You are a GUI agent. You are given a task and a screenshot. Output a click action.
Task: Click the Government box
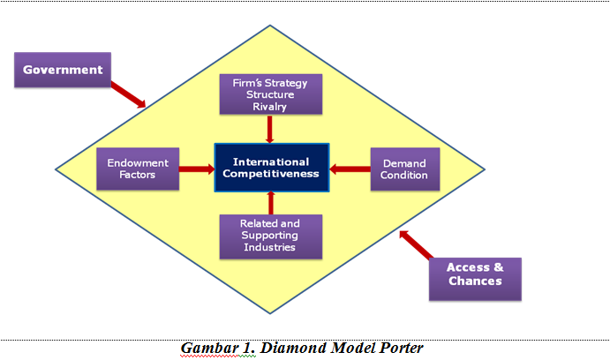pyautogui.click(x=63, y=70)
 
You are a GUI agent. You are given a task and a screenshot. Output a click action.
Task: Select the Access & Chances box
pyautogui.click(x=474, y=274)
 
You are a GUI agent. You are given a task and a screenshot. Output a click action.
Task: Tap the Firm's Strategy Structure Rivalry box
pyautogui.click(x=270, y=94)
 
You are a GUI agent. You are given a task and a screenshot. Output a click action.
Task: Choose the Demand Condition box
pyautogui.click(x=405, y=169)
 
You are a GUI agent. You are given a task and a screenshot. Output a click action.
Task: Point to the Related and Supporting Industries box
pyautogui.click(x=270, y=235)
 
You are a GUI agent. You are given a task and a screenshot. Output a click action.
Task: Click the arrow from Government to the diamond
pyautogui.click(x=129, y=92)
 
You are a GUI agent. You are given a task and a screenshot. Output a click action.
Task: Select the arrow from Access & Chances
pyautogui.click(x=416, y=246)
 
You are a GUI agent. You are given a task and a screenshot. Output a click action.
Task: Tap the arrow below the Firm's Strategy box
pyautogui.click(x=270, y=129)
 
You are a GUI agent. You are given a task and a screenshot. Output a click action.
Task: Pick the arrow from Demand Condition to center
pyautogui.click(x=350, y=169)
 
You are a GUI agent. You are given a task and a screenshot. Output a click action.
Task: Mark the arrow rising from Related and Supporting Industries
pyautogui.click(x=270, y=202)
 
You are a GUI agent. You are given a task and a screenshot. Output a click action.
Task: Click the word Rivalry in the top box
pyautogui.click(x=270, y=108)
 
